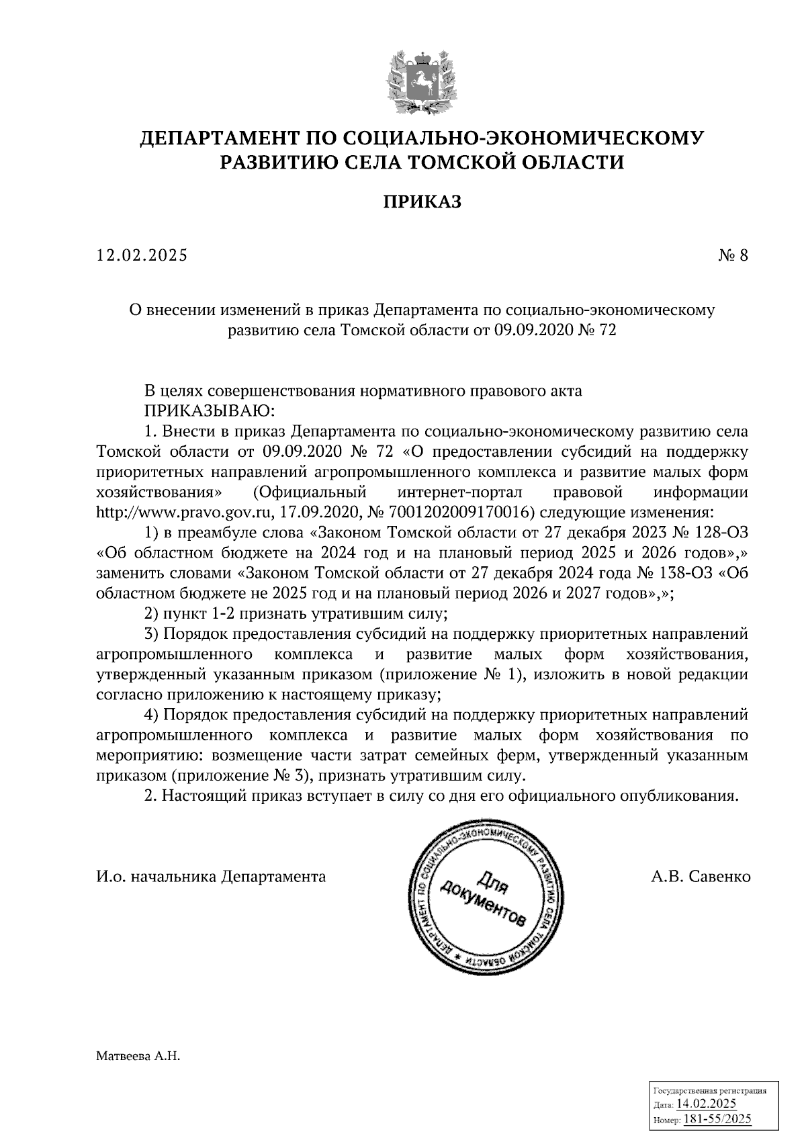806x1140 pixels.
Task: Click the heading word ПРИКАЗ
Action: (422, 202)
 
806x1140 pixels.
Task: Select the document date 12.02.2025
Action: (142, 256)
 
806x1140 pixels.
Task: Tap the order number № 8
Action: (732, 256)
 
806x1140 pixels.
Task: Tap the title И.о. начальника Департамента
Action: (211, 877)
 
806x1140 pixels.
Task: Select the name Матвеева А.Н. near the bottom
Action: (139, 1057)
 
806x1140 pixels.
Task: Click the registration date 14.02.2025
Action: (706, 1104)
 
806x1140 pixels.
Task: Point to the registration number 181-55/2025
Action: (717, 1119)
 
